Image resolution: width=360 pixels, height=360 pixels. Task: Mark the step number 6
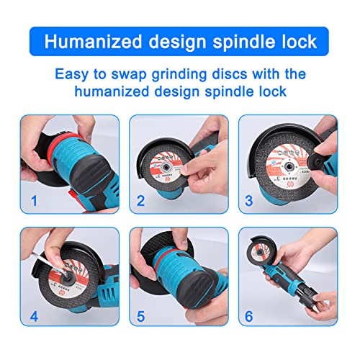tap(249, 315)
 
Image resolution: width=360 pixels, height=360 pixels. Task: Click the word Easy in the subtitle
tap(73, 73)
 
